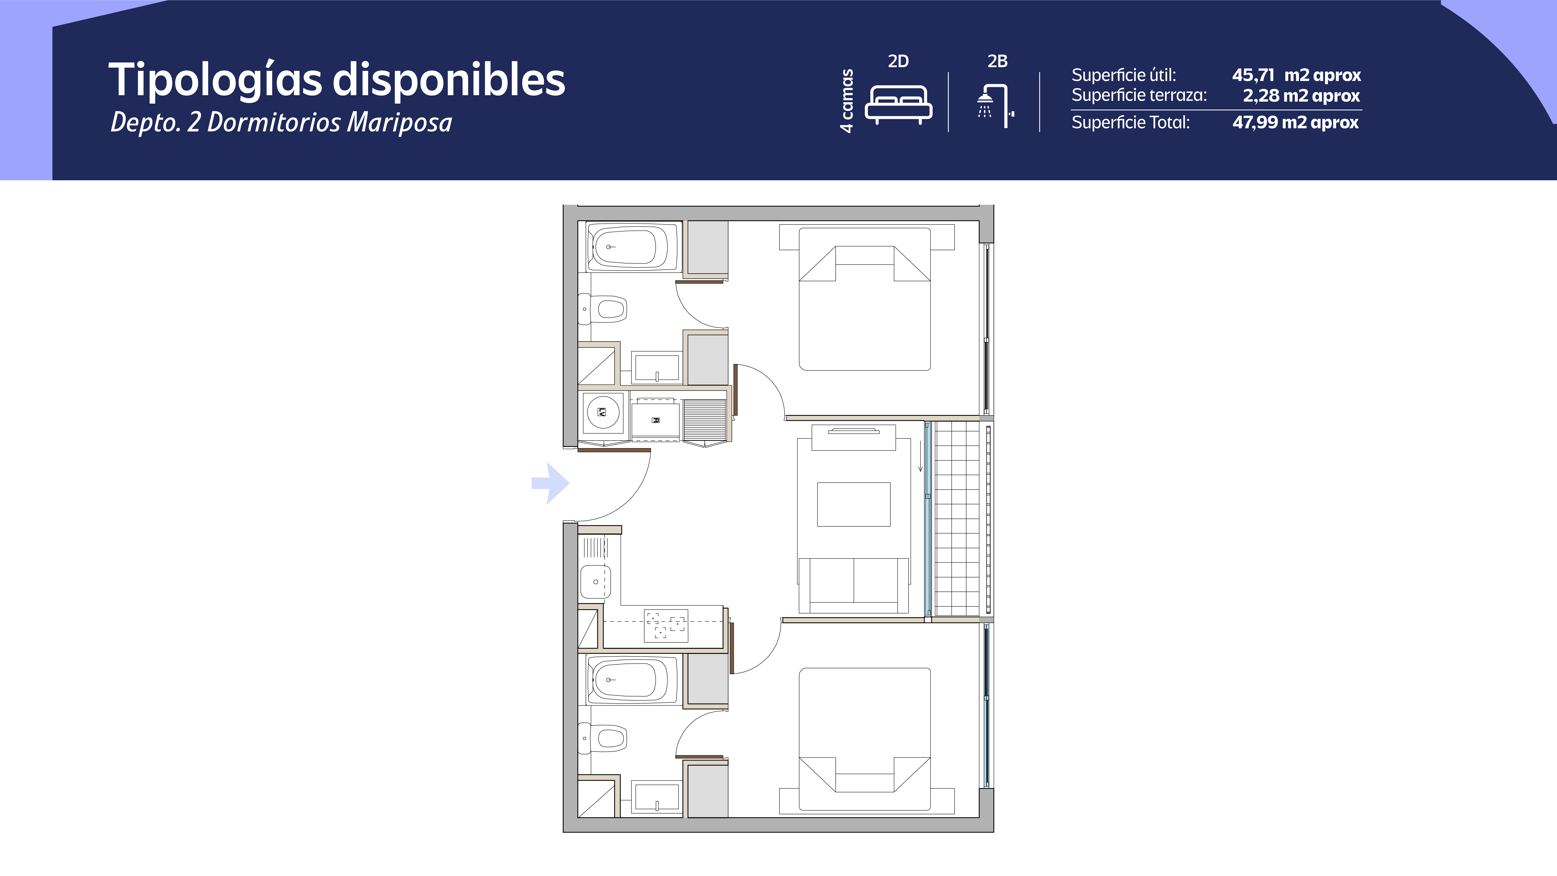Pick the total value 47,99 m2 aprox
tap(1295, 122)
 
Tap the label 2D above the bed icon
tap(898, 61)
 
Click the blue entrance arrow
tap(550, 483)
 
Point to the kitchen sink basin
tap(595, 582)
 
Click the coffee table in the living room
tap(853, 504)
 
